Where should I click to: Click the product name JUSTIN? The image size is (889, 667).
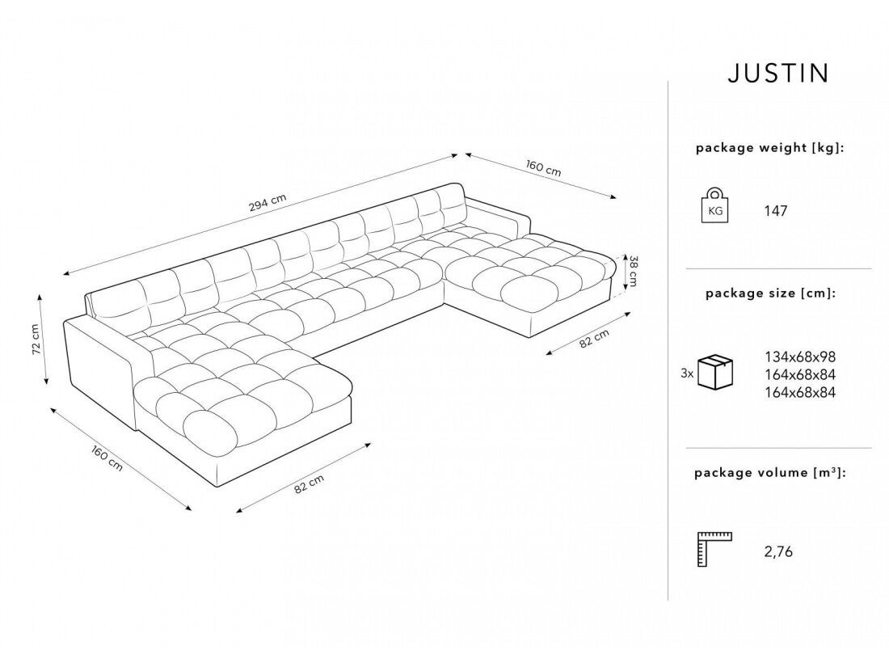click(777, 74)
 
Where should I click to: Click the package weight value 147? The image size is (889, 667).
click(775, 212)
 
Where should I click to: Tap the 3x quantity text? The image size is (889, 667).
click(687, 374)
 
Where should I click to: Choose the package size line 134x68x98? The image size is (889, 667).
click(799, 356)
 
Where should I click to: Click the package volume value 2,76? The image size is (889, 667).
click(778, 553)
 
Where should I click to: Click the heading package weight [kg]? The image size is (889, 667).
click(770, 148)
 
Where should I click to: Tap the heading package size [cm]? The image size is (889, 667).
click(770, 293)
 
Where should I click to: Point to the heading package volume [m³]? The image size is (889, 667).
click(770, 473)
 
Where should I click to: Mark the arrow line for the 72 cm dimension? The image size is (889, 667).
click(44, 340)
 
